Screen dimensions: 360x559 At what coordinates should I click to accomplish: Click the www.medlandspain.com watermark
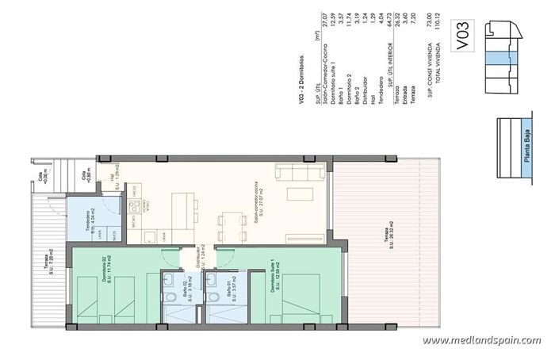(x=481, y=340)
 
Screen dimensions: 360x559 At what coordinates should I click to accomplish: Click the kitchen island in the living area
(x=185, y=207)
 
